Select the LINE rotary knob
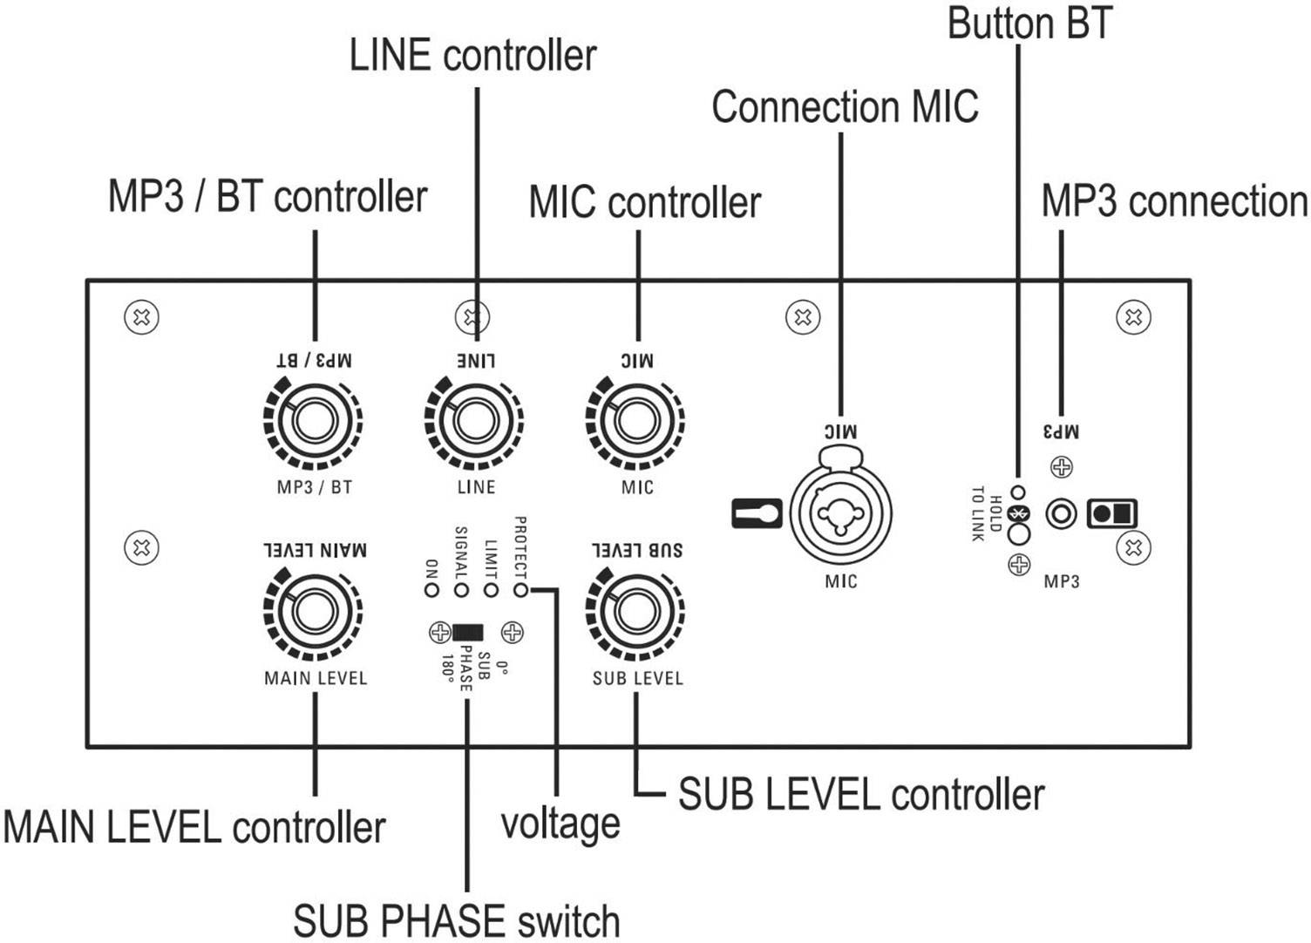click(x=475, y=422)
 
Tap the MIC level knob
click(x=636, y=422)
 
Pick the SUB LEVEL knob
click(x=636, y=612)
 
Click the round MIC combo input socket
click(x=840, y=511)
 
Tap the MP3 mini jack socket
click(x=1061, y=513)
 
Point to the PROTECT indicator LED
click(x=520, y=590)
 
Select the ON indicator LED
click(x=431, y=590)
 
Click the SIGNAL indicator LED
click(x=461, y=590)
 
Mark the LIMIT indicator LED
click(x=491, y=590)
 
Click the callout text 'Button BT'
click(x=1029, y=24)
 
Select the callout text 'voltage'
click(x=560, y=824)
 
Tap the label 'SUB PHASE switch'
click(x=456, y=921)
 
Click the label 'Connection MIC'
click(x=844, y=107)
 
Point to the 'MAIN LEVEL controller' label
click(x=194, y=827)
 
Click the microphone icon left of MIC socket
click(x=755, y=513)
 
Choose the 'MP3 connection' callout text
click(x=1174, y=201)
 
